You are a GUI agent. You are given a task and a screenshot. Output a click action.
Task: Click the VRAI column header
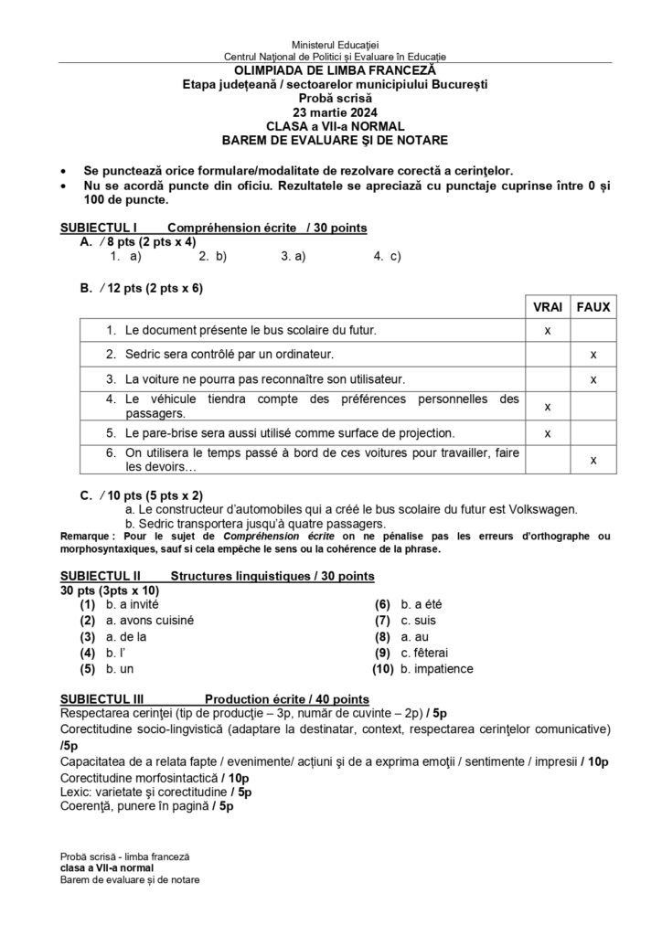(548, 307)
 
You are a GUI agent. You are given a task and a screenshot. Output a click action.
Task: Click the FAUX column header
(593, 307)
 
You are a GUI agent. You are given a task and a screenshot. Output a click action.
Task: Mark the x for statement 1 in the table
(548, 329)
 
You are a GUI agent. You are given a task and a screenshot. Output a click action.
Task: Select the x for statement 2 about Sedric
(593, 354)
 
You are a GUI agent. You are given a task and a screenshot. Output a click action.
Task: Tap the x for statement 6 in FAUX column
(593, 461)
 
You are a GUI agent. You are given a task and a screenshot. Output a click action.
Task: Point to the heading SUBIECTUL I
(99, 228)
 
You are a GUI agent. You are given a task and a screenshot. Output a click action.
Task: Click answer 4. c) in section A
(388, 258)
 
